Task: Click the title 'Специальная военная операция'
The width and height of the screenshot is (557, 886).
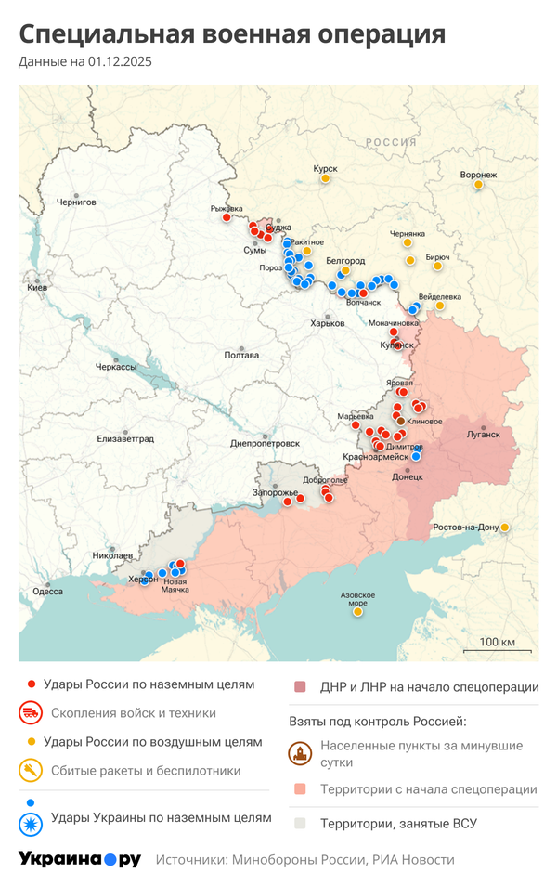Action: tap(232, 34)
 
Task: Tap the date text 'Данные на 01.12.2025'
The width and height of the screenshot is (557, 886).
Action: tap(84, 62)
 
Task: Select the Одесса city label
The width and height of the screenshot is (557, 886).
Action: tap(47, 591)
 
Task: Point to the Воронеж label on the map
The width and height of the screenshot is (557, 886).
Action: tap(479, 175)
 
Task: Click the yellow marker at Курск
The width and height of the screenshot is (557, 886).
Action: tap(326, 179)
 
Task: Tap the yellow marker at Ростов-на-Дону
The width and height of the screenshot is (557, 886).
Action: tap(505, 528)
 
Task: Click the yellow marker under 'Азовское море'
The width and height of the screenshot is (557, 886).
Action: tap(357, 612)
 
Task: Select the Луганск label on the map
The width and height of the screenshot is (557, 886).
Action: tap(483, 434)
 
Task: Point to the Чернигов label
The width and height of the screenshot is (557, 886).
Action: tap(76, 202)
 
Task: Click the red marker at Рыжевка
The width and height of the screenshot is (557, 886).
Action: tap(226, 217)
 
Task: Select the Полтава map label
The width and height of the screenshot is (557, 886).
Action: tap(241, 355)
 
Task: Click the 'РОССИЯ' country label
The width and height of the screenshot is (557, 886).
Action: tap(390, 142)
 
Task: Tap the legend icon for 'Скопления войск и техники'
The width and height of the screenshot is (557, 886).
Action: tap(31, 713)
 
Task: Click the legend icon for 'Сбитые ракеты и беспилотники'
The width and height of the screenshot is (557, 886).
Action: tap(31, 771)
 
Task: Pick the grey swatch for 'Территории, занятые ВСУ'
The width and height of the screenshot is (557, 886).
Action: tap(300, 823)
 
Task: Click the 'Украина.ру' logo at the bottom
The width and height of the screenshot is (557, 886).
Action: tap(80, 859)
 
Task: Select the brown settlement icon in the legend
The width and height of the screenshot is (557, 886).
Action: tap(300, 753)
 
